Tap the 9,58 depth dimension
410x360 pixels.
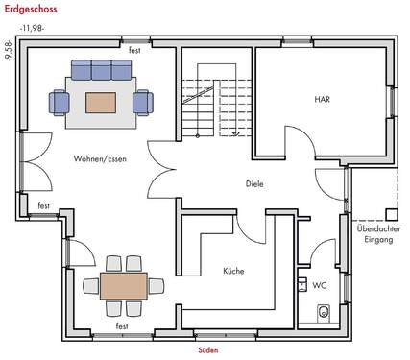[8, 50]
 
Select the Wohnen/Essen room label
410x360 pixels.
[99, 158]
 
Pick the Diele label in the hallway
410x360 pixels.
[253, 183]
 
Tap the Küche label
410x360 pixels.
[232, 271]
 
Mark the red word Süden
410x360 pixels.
[207, 350]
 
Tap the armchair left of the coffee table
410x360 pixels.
[60, 101]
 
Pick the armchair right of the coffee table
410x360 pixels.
[143, 101]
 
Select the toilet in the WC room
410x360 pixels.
[324, 311]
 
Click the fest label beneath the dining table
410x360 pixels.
[122, 327]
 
